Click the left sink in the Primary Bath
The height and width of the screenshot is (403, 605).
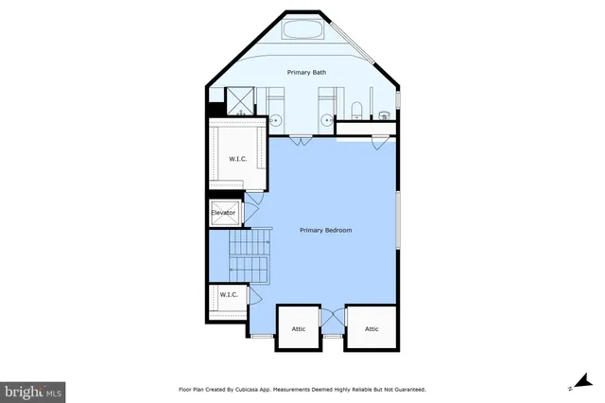pyautogui.click(x=277, y=120)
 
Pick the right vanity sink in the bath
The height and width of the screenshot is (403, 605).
pyautogui.click(x=326, y=120)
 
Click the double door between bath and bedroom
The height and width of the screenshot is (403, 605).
pyautogui.click(x=301, y=142)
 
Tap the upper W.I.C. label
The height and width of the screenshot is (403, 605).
pyautogui.click(x=237, y=158)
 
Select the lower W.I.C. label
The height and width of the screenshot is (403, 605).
pyautogui.click(x=229, y=294)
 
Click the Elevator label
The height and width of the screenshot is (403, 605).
pyautogui.click(x=223, y=213)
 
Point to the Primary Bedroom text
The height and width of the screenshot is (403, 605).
pyautogui.click(x=326, y=230)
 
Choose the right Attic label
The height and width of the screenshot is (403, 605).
pyautogui.click(x=372, y=329)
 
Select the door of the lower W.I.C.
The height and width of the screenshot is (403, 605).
pyautogui.click(x=252, y=295)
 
